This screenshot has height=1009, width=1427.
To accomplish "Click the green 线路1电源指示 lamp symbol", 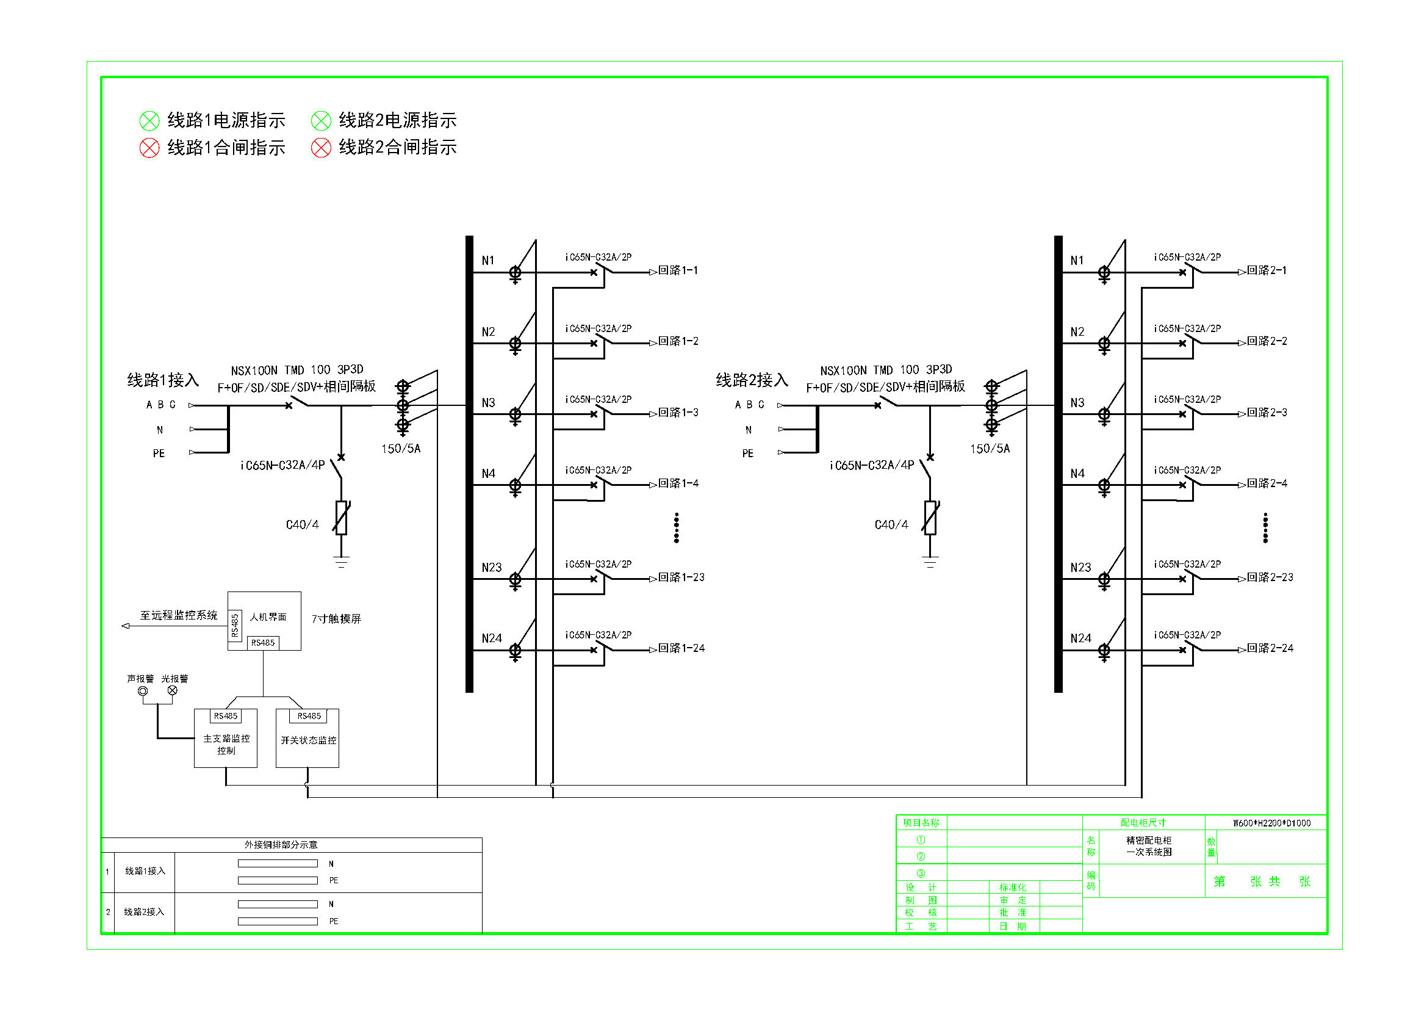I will pos(149,121).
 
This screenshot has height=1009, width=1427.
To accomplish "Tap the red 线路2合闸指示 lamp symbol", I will pos(321,148).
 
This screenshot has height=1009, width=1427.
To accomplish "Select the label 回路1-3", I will pos(678,413).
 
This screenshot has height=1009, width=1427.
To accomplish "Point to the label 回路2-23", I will pos(1270,577).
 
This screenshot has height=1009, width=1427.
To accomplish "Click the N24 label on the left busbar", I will pos(492,638).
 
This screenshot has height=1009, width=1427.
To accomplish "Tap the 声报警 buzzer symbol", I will pos(143,691).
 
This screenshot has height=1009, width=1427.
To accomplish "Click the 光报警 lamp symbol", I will pos(173,691).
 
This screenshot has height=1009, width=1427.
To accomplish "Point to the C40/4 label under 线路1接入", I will pos(302,526).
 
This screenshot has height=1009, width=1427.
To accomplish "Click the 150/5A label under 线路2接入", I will pos(990,449).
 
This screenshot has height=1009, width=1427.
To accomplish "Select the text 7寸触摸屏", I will pos(336,619).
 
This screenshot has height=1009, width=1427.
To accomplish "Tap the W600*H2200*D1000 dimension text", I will pos(1271,823).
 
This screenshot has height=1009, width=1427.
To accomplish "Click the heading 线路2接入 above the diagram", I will pos(752,380).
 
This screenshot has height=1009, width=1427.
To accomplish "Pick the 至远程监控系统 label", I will pos(178,615).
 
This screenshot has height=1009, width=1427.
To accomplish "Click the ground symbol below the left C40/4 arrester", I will pos(340,562).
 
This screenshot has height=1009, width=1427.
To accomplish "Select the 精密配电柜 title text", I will pos(1149,841).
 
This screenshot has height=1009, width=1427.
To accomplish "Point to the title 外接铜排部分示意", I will pos(281,845).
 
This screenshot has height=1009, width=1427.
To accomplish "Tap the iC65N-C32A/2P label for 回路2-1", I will pos(1187,258).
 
